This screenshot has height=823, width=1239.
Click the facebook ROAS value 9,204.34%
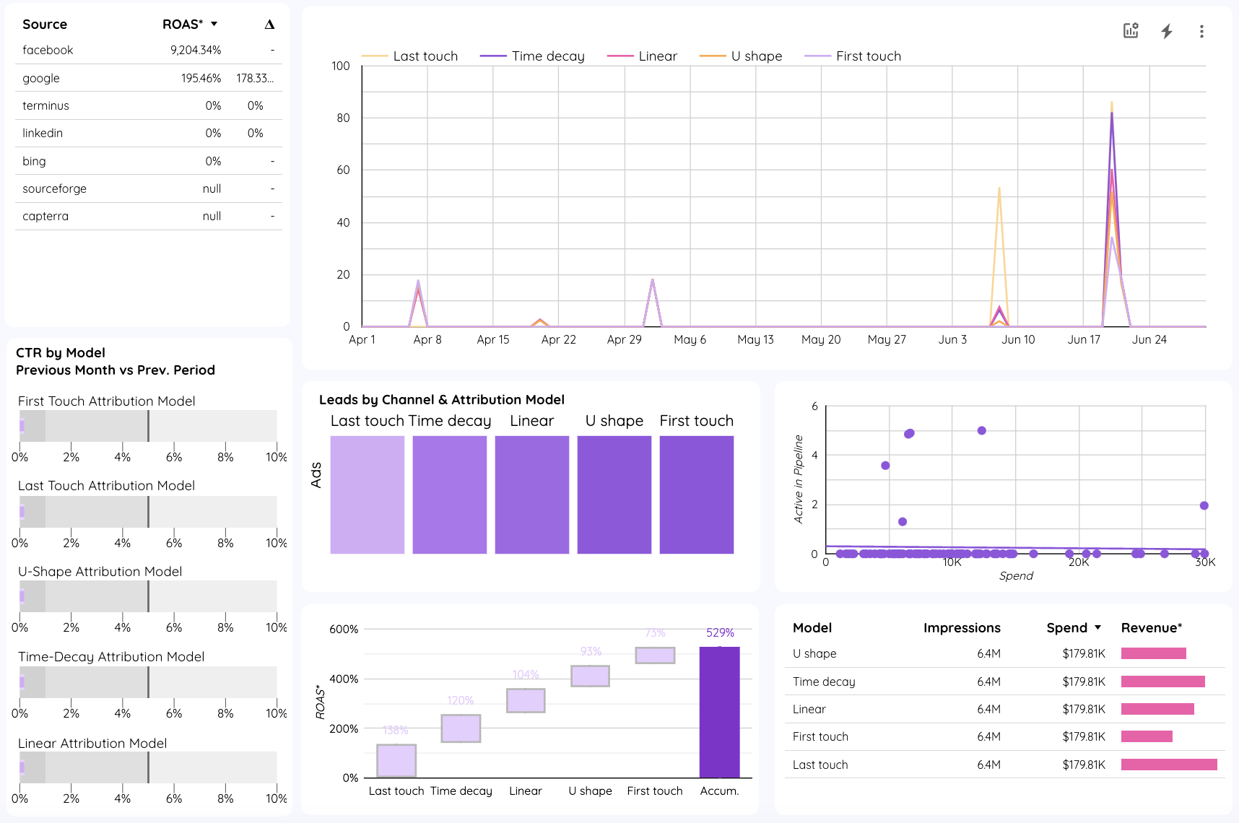195,50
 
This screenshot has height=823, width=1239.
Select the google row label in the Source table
41,78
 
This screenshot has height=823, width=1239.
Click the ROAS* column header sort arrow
214,24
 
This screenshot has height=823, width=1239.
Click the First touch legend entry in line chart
868,56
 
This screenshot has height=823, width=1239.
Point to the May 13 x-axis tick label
755,339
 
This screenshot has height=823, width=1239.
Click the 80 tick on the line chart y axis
343,118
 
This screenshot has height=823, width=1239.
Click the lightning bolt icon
1166,31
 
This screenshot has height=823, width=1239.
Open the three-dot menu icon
1201,31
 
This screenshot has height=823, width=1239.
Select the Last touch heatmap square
368,495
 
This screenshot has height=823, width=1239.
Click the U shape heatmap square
614,495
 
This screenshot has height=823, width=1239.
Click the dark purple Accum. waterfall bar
719,712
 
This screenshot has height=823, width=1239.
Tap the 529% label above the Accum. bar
720,632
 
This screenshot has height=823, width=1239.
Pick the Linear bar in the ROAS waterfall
526,700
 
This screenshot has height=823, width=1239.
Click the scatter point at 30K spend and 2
1204,505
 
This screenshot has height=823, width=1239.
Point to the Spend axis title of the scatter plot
1015,575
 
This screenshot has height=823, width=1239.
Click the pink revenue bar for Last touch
1168,765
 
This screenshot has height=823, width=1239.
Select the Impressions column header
961,627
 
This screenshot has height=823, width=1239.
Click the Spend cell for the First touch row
1083,736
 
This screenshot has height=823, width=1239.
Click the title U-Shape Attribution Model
100,571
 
